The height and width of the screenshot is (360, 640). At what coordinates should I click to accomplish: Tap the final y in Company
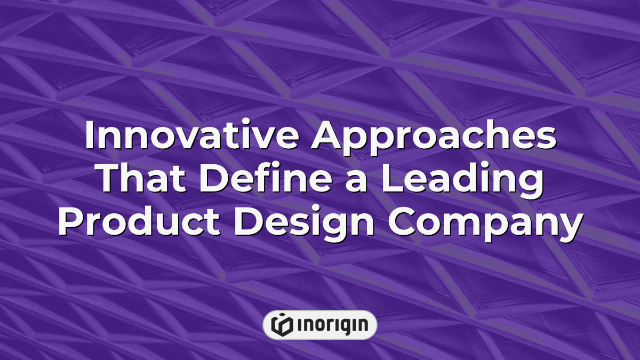[x=569, y=228]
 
